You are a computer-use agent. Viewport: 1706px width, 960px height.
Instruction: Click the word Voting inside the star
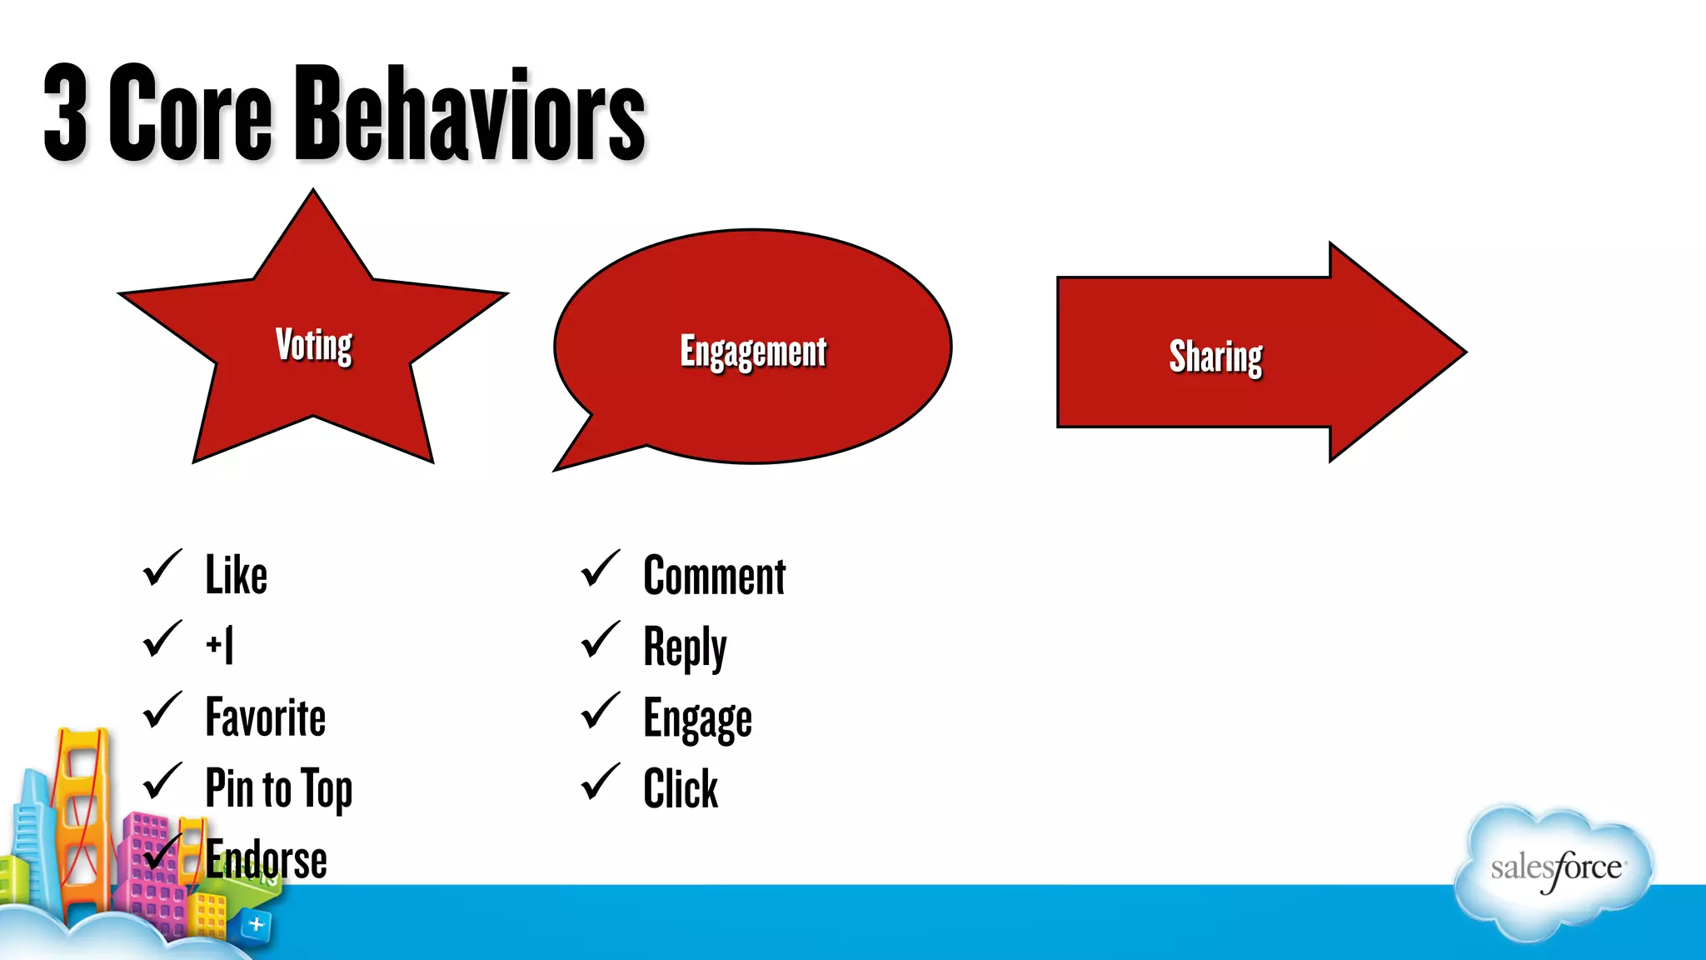(313, 345)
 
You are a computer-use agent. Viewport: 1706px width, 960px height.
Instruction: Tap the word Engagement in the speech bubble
(753, 352)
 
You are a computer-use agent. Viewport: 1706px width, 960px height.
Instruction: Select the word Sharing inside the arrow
(1215, 357)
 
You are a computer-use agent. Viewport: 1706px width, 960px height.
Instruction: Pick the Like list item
(236, 575)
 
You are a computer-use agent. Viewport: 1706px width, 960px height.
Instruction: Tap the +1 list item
(220, 645)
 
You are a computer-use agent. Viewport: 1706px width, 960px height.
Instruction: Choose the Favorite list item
(265, 717)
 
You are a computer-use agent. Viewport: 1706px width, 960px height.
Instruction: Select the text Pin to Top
(278, 788)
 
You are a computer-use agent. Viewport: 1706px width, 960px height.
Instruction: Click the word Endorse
(267, 859)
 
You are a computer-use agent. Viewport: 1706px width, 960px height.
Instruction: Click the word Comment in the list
(714, 576)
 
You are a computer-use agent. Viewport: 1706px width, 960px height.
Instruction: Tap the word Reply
(685, 647)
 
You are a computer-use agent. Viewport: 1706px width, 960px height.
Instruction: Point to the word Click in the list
(680, 788)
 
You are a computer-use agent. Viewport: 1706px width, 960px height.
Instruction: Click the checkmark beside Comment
(600, 570)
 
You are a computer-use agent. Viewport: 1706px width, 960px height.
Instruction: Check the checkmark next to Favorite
(162, 712)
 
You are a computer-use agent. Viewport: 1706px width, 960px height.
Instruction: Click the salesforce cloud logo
(1554, 870)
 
